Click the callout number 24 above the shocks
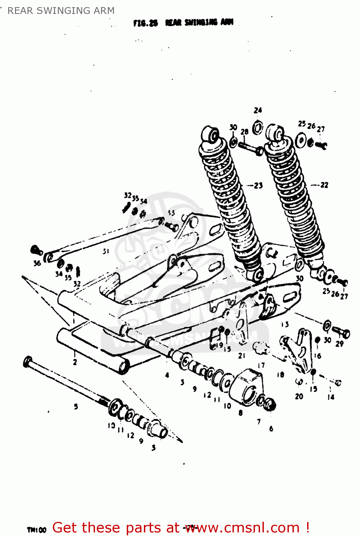pyautogui.click(x=257, y=110)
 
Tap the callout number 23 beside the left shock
pyautogui.click(x=258, y=185)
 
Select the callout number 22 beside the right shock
pyautogui.click(x=324, y=185)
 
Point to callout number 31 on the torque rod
pyautogui.click(x=106, y=252)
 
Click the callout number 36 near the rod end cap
pyautogui.click(x=37, y=264)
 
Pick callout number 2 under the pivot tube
pyautogui.click(x=75, y=362)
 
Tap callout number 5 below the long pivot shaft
pyautogui.click(x=76, y=406)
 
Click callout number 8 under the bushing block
pyautogui.click(x=240, y=413)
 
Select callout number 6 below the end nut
pyautogui.click(x=271, y=428)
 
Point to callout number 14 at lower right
pyautogui.click(x=331, y=397)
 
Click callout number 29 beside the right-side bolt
pyautogui.click(x=339, y=344)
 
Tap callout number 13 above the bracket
pyautogui.click(x=285, y=324)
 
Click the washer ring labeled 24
pyautogui.click(x=257, y=128)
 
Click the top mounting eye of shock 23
pyautogui.click(x=211, y=135)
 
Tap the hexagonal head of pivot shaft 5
pyautogui.click(x=27, y=362)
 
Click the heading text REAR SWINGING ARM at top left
pyautogui.click(x=61, y=11)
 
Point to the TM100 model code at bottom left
pyautogui.click(x=36, y=530)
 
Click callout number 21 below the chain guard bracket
pyautogui.click(x=242, y=356)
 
